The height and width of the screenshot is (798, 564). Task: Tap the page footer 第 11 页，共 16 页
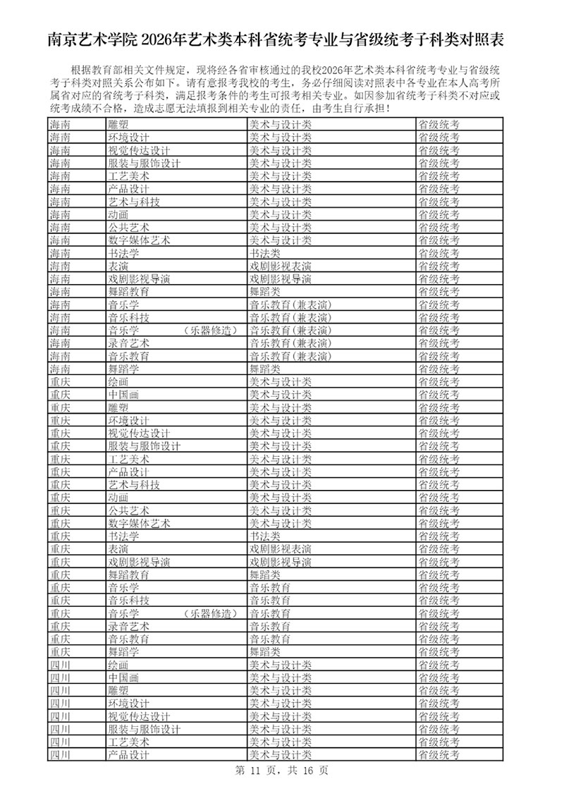[x=281, y=771]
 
